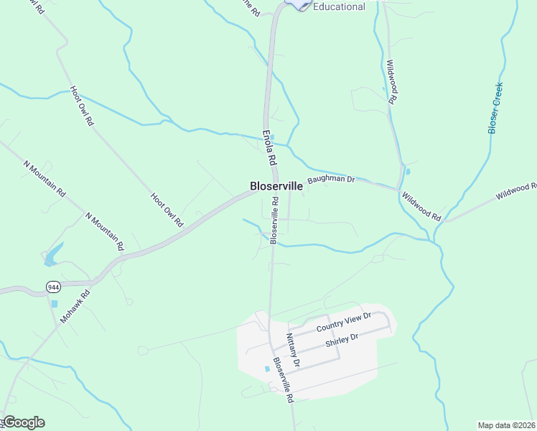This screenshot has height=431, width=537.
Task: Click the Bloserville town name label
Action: coord(276,185)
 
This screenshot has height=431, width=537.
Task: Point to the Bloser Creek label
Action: coord(495,108)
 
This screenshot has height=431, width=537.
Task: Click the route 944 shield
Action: coord(52,287)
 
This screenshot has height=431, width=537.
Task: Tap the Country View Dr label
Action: coord(343,323)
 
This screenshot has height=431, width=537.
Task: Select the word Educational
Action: coord(339,6)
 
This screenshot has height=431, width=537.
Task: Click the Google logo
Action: coord(23,422)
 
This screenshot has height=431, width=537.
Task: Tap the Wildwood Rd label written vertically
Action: coord(392,82)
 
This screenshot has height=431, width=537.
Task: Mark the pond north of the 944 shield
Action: coord(52,254)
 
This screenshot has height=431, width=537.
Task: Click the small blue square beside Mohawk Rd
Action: coord(54,304)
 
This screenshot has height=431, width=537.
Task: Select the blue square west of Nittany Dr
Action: coord(267,369)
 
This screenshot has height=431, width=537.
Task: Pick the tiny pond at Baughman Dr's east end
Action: coord(407,172)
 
